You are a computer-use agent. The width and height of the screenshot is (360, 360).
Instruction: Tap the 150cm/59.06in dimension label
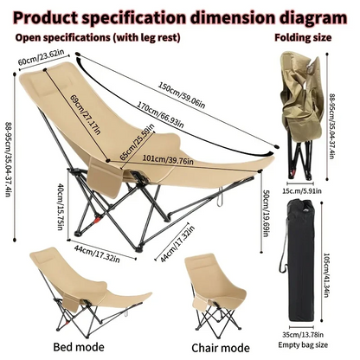pyautogui.click(x=182, y=95)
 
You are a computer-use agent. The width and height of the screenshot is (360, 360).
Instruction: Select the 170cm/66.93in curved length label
pyautogui.click(x=160, y=115)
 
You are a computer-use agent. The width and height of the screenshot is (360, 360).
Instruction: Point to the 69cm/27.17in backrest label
pyautogui.click(x=86, y=114)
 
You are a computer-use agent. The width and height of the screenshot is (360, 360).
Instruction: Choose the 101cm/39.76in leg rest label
pyautogui.click(x=168, y=159)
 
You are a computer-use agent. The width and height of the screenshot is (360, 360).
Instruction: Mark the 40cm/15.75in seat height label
pyautogui.click(x=60, y=206)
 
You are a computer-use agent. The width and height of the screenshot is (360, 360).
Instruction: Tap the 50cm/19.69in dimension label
pyautogui.click(x=266, y=213)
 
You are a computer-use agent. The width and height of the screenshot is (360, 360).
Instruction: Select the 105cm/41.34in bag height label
pyautogui.click(x=327, y=275)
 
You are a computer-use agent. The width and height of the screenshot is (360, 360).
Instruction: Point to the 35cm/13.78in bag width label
pyautogui.click(x=303, y=335)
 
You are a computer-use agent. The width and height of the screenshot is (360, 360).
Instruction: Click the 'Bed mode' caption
pyautogui.click(x=79, y=347)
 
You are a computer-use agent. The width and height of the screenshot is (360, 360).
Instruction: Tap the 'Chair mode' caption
pyautogui.click(x=221, y=348)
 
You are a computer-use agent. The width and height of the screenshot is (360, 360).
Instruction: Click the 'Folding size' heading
pyautogui.click(x=303, y=37)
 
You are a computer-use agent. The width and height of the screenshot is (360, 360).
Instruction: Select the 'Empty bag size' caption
pyautogui.click(x=303, y=344)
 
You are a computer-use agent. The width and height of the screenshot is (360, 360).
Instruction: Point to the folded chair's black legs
pyautogui.click(x=300, y=158)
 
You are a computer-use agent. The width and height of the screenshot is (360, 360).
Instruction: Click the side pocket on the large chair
pyautogui.click(x=106, y=177)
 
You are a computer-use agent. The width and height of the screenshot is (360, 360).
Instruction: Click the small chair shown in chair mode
pyautogui.click(x=215, y=294)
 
